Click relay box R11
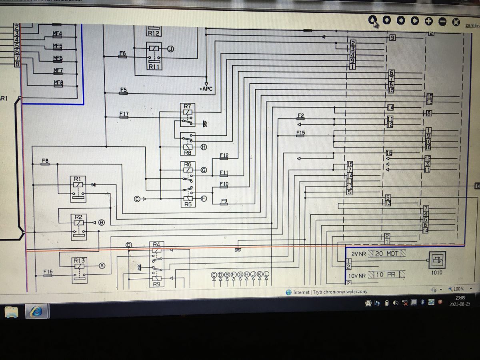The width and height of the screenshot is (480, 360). pyautogui.click(x=154, y=56)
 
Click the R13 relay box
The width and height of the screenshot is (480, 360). pyautogui.click(x=79, y=270)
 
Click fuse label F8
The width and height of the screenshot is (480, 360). pyautogui.click(x=45, y=161)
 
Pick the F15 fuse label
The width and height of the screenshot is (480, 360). pyautogui.click(x=300, y=133)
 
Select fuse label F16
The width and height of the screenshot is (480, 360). pyautogui.click(x=48, y=272)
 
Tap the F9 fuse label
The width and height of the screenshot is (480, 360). pyautogui.click(x=224, y=201)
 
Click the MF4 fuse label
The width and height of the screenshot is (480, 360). pyautogui.click(x=58, y=34)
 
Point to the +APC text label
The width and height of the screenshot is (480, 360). pyautogui.click(x=206, y=89)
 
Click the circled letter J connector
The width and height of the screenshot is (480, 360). pyautogui.click(x=171, y=49)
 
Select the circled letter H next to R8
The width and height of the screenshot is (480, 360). pyautogui.click(x=204, y=147)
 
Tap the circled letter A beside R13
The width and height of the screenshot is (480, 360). pyautogui.click(x=102, y=266)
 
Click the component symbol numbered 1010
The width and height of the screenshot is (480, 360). pyautogui.click(x=436, y=261)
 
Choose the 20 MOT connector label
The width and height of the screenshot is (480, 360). pyautogui.click(x=387, y=254)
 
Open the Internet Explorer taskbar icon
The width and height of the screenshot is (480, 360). pyautogui.click(x=36, y=311)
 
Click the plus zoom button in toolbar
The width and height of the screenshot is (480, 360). pyautogui.click(x=428, y=21)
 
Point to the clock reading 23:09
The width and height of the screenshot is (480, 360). pyautogui.click(x=460, y=298)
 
